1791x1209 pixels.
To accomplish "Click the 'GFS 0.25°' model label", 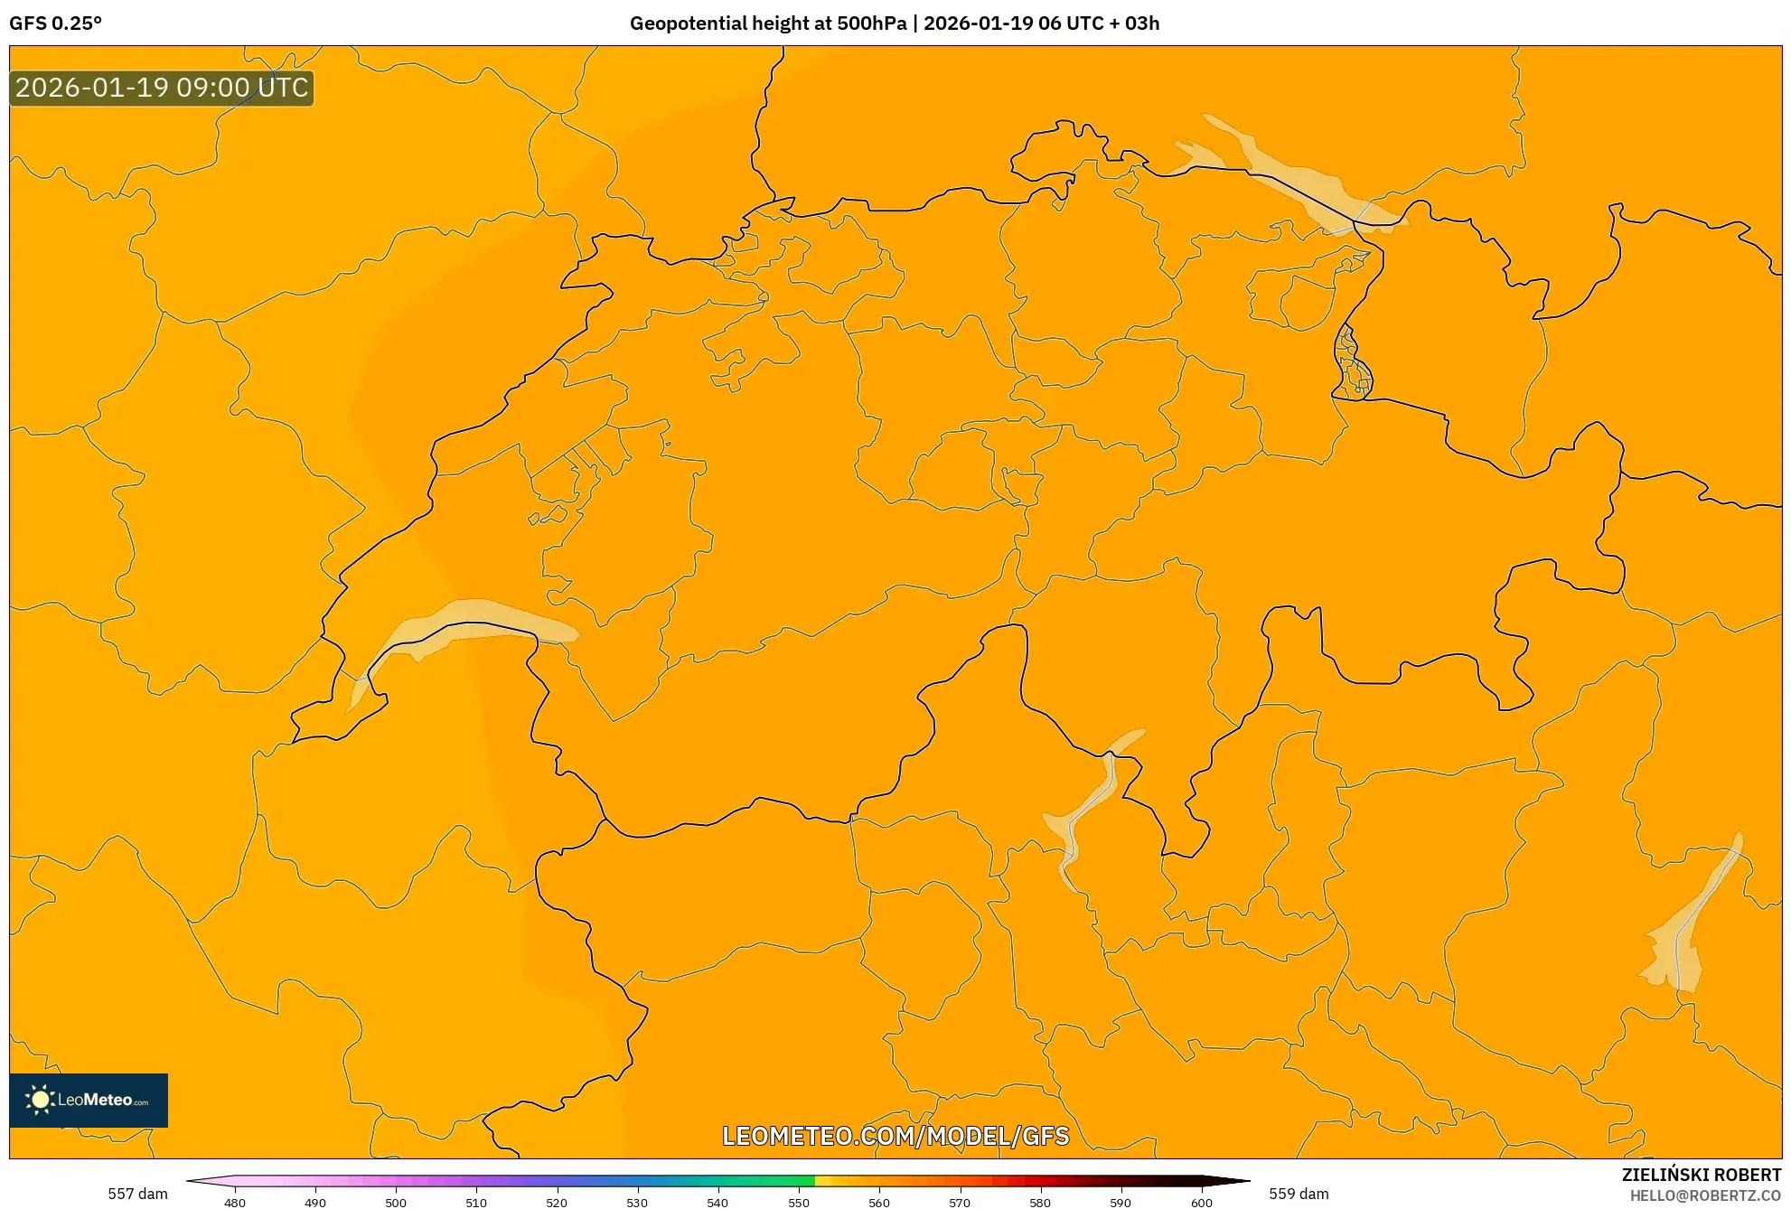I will click(55, 23).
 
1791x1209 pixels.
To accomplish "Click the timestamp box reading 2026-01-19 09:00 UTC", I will click(162, 88).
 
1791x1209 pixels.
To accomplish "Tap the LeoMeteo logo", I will click(89, 1100).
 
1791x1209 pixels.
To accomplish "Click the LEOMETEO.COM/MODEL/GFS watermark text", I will click(895, 1136).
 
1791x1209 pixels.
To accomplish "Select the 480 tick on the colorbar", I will click(235, 1202).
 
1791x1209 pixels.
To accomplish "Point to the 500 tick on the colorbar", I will click(396, 1202).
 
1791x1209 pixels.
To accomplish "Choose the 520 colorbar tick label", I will click(557, 1202).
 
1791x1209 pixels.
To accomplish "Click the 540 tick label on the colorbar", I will click(717, 1202).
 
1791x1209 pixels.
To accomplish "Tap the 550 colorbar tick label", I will click(799, 1202).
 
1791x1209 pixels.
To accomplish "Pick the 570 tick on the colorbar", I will click(960, 1202).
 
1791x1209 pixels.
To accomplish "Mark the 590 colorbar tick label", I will click(1121, 1202).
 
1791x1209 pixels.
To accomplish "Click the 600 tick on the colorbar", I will click(1201, 1202).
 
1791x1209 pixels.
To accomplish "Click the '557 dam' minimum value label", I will click(137, 1194).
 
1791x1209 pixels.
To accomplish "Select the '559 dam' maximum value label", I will click(1299, 1194).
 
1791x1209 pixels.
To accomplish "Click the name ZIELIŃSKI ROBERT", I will click(1702, 1175).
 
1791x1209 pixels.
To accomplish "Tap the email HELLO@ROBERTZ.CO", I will click(1705, 1195).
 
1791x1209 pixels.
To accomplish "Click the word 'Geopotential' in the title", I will click(687, 23).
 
